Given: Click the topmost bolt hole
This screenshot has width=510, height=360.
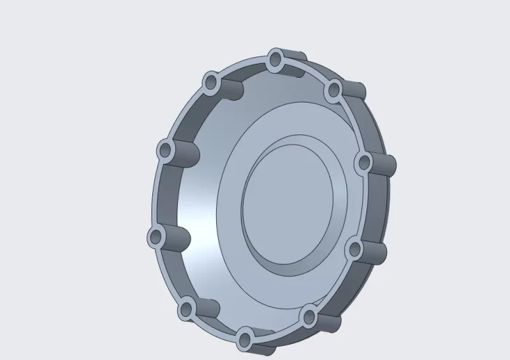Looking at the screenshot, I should tap(275, 60).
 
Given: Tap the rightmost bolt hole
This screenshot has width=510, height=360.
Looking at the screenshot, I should tap(363, 162).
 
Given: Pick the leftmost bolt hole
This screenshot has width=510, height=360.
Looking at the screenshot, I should tap(156, 238).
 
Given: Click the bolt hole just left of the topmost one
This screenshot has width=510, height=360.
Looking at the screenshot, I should tap(212, 82).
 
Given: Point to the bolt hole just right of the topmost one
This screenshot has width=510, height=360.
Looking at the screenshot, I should tap(332, 90).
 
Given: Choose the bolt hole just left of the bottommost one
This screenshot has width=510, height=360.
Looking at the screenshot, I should tap(186, 310).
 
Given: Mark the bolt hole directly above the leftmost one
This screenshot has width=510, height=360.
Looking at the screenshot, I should tap(166, 151).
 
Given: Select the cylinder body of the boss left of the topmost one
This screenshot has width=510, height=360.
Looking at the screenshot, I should tap(232, 89).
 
